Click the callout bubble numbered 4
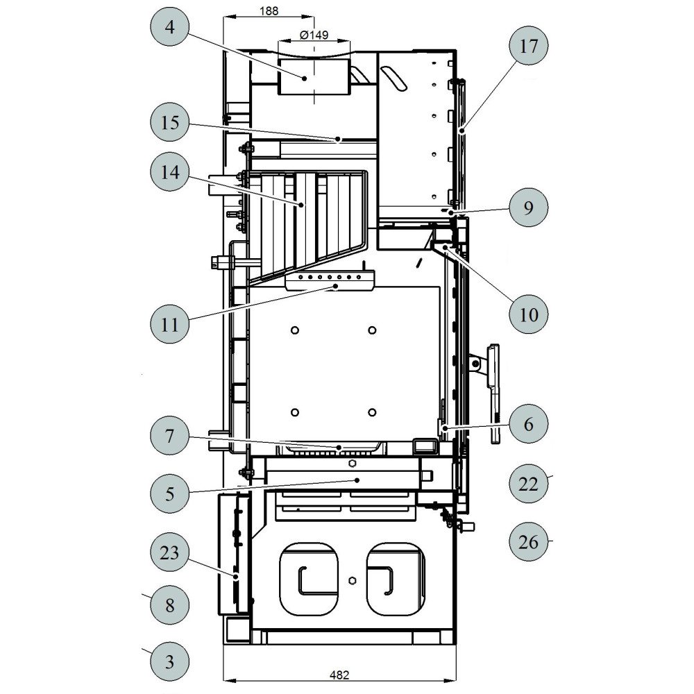click(170, 26)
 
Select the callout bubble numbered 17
click(528, 46)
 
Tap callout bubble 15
click(170, 122)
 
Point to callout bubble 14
click(170, 171)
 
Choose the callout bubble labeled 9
click(528, 207)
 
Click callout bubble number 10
click(528, 314)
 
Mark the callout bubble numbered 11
click(170, 324)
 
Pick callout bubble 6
click(528, 423)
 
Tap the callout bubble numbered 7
click(170, 436)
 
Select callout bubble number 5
click(170, 493)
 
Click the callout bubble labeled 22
click(528, 483)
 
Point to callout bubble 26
click(528, 542)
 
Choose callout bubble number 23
click(170, 552)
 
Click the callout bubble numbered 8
click(170, 604)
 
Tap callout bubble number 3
click(170, 661)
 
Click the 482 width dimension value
click(339, 675)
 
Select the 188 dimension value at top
click(269, 10)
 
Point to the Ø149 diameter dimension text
click(314, 35)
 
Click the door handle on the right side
click(493, 393)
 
